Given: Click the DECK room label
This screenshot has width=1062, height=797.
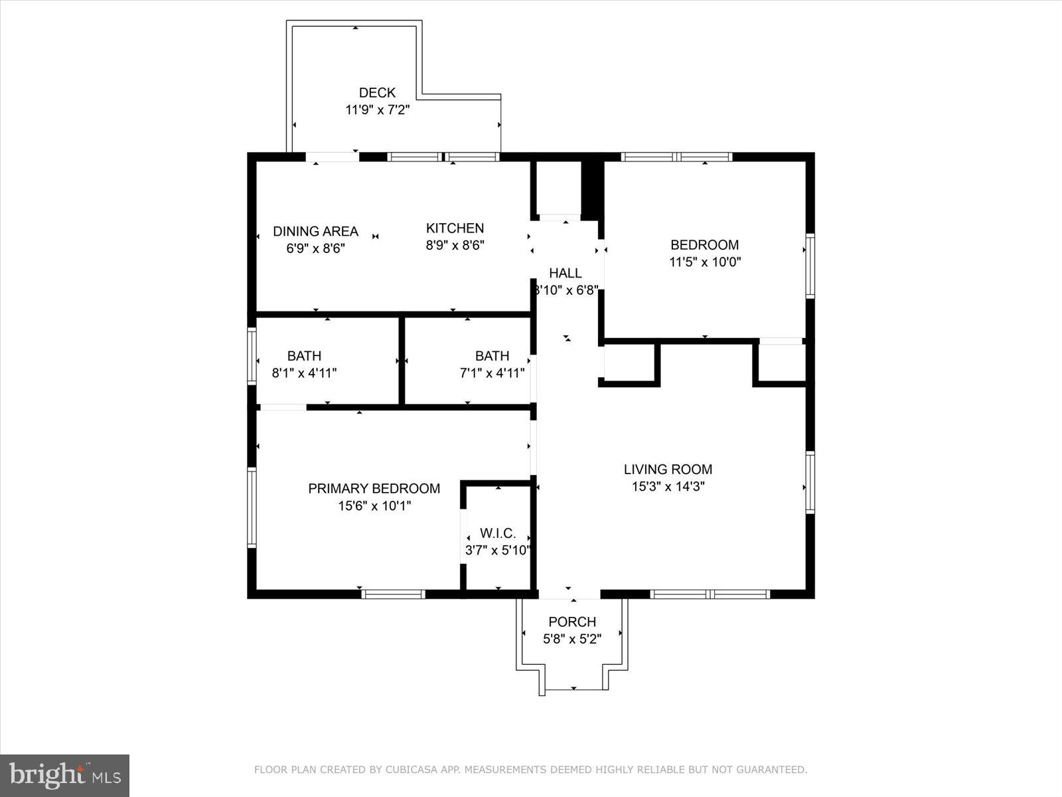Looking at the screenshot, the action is (377, 93).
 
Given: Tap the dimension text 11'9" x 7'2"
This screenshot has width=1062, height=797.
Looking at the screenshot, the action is (377, 110).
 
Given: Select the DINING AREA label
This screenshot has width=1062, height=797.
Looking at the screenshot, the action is (315, 231).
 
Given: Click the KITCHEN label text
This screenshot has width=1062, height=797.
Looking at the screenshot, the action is (455, 228).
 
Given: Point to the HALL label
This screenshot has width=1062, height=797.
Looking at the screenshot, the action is (566, 273).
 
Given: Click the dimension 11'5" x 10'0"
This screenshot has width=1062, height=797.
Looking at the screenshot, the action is (704, 262).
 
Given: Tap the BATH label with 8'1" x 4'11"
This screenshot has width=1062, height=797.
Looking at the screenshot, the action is (304, 356).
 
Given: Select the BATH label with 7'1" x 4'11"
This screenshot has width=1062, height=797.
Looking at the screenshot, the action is (492, 356).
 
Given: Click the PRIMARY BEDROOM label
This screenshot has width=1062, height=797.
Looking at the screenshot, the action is (374, 488).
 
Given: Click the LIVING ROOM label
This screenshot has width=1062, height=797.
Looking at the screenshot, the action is (668, 469).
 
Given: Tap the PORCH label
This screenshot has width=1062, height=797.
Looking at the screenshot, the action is (572, 622).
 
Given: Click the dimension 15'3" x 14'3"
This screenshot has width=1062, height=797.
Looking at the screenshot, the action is (668, 486).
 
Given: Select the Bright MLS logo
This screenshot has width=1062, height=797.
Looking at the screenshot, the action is (64, 775).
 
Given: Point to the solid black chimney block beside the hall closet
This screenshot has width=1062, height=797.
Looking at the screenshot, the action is (591, 188).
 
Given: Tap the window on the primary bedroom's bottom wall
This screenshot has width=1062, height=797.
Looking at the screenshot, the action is (393, 594).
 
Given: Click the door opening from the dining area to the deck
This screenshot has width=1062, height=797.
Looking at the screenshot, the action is (332, 157).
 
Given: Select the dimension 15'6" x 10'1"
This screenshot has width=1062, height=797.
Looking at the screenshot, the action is (374, 506).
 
